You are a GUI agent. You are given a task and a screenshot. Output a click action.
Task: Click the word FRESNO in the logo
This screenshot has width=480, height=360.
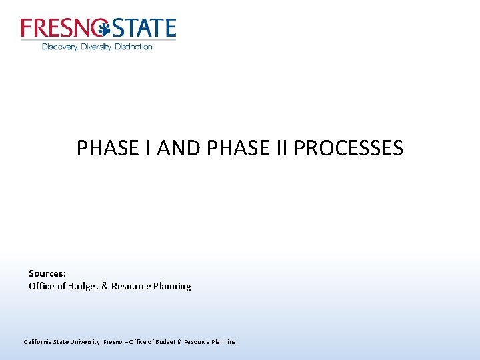coord(58,28)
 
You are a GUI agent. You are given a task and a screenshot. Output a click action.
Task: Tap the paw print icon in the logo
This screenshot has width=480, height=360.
coord(103,29)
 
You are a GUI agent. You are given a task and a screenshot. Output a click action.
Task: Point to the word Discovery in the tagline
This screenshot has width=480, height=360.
coord(59,47)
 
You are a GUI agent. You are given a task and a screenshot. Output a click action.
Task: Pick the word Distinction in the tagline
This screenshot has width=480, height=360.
coord(134,47)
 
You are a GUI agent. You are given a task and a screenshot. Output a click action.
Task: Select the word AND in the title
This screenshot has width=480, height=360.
coord(182,148)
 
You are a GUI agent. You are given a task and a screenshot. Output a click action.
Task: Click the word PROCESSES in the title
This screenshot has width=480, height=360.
coord(348,148)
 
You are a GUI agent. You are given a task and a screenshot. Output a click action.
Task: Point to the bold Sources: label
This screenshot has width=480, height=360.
coord(47,273)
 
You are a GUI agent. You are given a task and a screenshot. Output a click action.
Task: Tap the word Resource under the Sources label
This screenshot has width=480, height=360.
coord(131,286)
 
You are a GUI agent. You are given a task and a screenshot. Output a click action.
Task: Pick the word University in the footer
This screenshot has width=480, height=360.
coord(83,342)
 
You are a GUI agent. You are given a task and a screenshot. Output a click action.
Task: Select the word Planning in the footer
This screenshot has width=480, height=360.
coord(222,342)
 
